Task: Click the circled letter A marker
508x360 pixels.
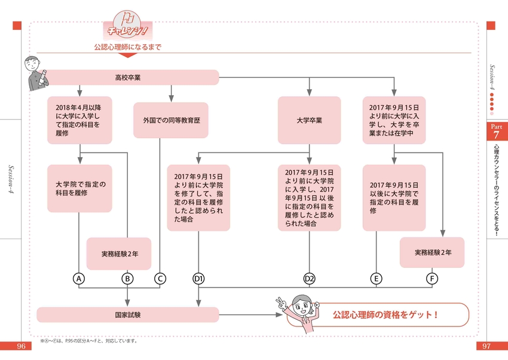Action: tap(79, 279)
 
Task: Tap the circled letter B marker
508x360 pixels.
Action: tap(127, 279)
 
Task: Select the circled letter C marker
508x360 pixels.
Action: tap(160, 279)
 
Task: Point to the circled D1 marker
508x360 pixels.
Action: tap(198, 279)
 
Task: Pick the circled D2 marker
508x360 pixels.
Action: tap(310, 279)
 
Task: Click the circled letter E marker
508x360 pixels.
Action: tap(376, 279)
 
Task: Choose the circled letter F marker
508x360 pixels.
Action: tap(432, 279)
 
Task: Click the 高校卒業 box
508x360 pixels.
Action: tap(128, 78)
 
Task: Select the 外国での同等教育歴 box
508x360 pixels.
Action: tap(171, 120)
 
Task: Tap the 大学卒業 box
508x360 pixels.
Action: tap(310, 120)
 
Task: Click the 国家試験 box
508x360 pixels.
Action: tap(128, 315)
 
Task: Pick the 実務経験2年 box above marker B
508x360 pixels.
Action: tap(119, 254)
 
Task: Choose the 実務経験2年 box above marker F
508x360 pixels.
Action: tap(432, 252)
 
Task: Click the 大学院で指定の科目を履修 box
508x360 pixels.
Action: tap(79, 188)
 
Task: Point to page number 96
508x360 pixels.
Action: tap(21, 346)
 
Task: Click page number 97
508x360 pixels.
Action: tap(486, 346)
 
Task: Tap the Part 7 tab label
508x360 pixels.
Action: tap(497, 131)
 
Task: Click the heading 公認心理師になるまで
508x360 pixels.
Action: tap(128, 47)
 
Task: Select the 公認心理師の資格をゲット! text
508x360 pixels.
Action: tap(385, 315)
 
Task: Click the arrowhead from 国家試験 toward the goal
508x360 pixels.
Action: tap(279, 315)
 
